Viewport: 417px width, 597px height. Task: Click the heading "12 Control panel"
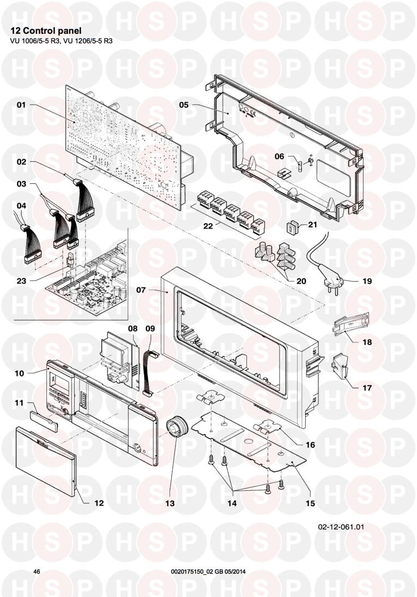[46, 31]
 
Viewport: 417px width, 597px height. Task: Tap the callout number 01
[21, 104]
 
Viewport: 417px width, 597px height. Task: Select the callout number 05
[184, 104]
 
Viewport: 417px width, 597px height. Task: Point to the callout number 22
[208, 226]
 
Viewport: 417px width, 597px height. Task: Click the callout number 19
[367, 281]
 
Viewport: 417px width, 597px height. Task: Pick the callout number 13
[170, 503]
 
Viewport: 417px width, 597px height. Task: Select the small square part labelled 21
[292, 227]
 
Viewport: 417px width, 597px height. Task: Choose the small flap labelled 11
[44, 422]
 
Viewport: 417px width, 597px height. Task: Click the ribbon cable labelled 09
[150, 373]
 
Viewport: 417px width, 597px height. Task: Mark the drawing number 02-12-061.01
[341, 527]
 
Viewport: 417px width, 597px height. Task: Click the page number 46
[37, 571]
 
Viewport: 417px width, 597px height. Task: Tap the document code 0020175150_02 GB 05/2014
[208, 571]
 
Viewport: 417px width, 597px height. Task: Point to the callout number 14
[232, 503]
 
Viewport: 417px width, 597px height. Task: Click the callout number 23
[21, 281]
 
